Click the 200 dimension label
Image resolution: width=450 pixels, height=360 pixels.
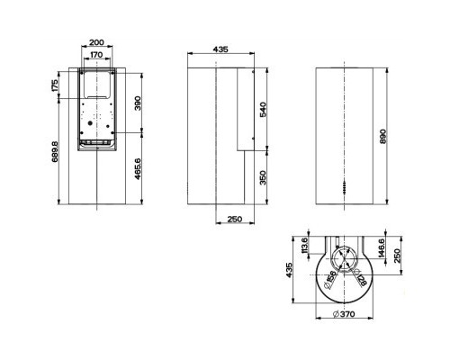pos(96,42)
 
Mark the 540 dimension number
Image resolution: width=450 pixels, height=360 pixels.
pos(264,110)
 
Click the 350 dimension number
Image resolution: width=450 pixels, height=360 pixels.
pos(264,178)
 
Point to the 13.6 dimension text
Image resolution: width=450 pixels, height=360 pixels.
pos(306,246)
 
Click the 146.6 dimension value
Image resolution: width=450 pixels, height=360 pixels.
pos(382,248)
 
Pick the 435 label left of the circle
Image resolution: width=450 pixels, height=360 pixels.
pos(293,270)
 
